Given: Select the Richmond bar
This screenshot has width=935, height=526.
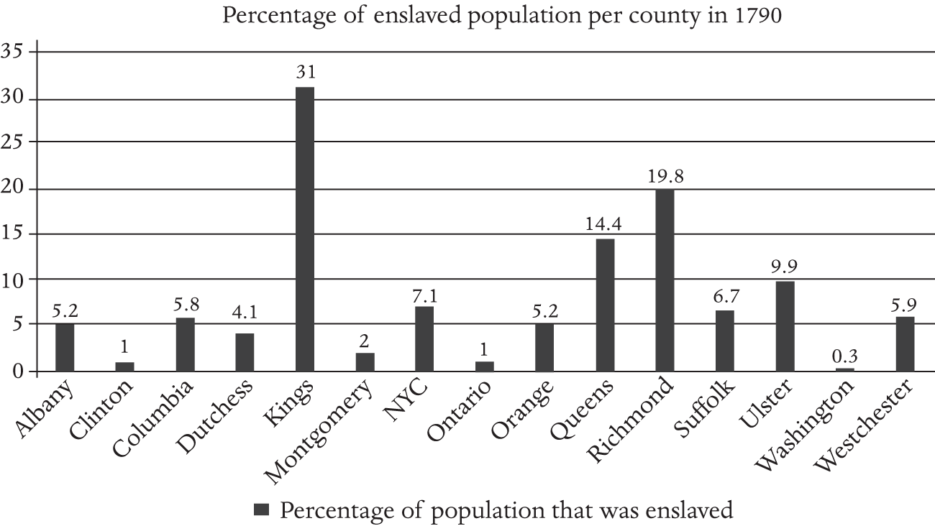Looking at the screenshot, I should click(665, 280).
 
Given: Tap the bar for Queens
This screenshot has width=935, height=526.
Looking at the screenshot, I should click(605, 305).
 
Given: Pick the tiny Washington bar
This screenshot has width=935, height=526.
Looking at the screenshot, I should click(845, 369).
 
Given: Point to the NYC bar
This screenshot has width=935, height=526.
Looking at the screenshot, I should click(425, 338).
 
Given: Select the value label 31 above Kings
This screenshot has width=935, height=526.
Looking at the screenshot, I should click(306, 72).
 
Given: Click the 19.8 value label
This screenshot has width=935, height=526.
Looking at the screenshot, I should click(665, 175).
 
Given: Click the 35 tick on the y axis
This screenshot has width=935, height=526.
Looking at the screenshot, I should click(14, 52).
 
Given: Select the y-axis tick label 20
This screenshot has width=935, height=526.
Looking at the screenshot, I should click(14, 189).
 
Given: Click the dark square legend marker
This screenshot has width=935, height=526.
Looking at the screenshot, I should click(262, 510).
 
